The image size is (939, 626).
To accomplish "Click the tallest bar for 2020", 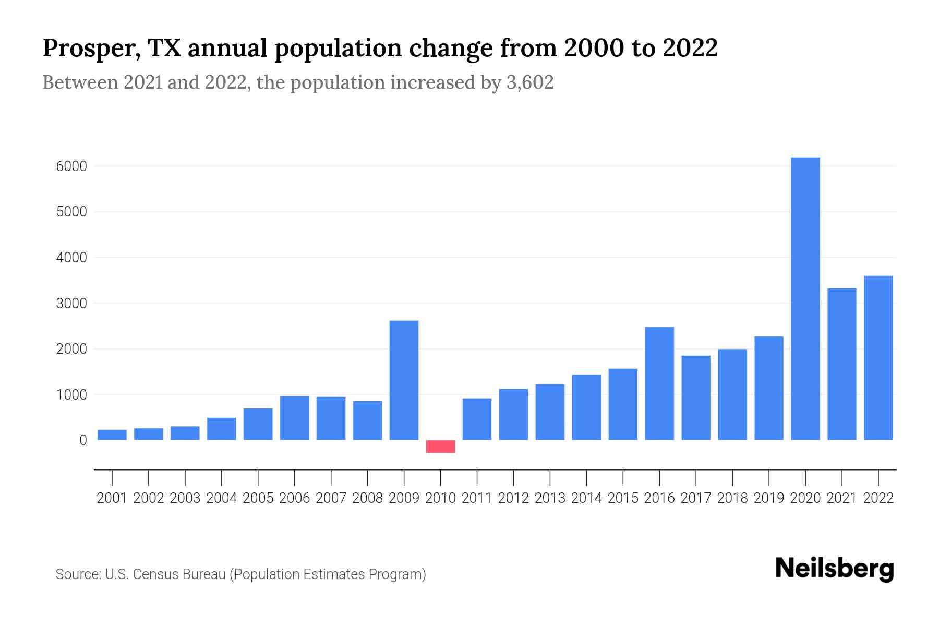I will (x=805, y=298).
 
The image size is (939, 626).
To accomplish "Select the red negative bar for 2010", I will (x=440, y=447).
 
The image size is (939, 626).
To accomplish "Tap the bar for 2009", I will (x=404, y=380).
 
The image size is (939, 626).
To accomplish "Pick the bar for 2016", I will (x=659, y=383).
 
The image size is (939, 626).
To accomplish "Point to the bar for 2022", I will (x=878, y=358).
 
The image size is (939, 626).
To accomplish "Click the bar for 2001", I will (x=112, y=435).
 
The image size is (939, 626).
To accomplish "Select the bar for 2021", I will (x=841, y=364).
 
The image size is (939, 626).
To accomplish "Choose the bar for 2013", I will (x=550, y=412).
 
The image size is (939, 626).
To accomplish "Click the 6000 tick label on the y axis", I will (x=71, y=166).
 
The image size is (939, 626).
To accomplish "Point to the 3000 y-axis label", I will (x=71, y=304).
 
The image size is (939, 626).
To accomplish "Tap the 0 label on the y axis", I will (x=83, y=440).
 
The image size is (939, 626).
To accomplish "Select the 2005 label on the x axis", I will (x=258, y=498).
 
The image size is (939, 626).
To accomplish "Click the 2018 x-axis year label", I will (x=732, y=498).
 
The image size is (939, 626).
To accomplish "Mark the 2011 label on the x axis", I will (x=477, y=498).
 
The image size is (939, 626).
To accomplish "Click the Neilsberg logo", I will (x=835, y=569).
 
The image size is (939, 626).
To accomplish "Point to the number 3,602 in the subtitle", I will (x=529, y=82).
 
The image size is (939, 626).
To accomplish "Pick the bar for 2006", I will (x=294, y=418).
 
